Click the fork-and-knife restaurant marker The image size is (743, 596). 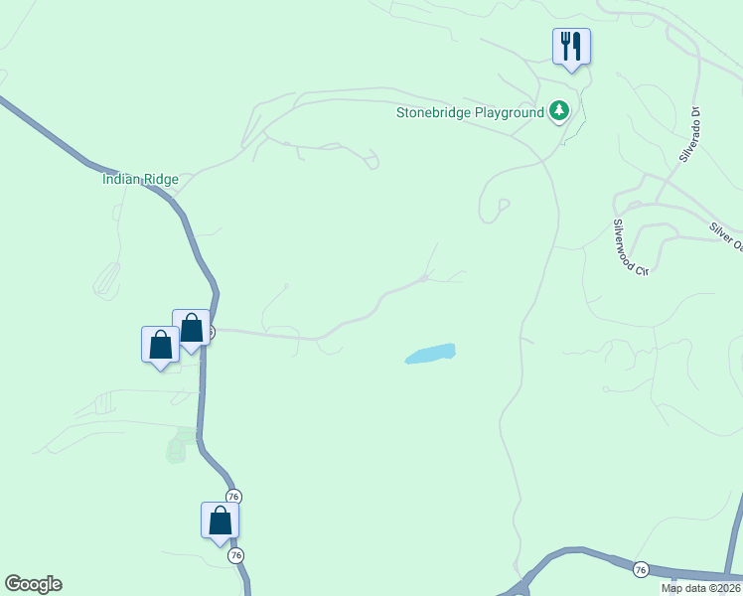point(571,47)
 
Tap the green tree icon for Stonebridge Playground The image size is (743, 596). point(559,111)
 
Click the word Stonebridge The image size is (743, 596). point(433,112)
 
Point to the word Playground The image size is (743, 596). point(510,112)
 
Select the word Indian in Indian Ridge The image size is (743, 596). point(122,180)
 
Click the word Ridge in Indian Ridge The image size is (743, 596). point(161,180)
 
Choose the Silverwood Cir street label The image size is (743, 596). point(630,247)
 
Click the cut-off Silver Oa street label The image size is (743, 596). point(726,236)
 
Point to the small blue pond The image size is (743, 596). point(431,354)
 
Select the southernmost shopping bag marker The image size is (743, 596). point(221,521)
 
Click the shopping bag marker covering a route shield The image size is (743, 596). point(192,328)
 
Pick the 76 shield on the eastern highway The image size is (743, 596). point(642,569)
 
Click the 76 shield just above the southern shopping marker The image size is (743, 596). point(233,497)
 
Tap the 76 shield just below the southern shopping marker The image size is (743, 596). point(236,556)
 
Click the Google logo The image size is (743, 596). point(33,584)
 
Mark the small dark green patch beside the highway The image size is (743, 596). point(177,449)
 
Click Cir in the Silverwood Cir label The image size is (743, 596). point(641,266)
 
